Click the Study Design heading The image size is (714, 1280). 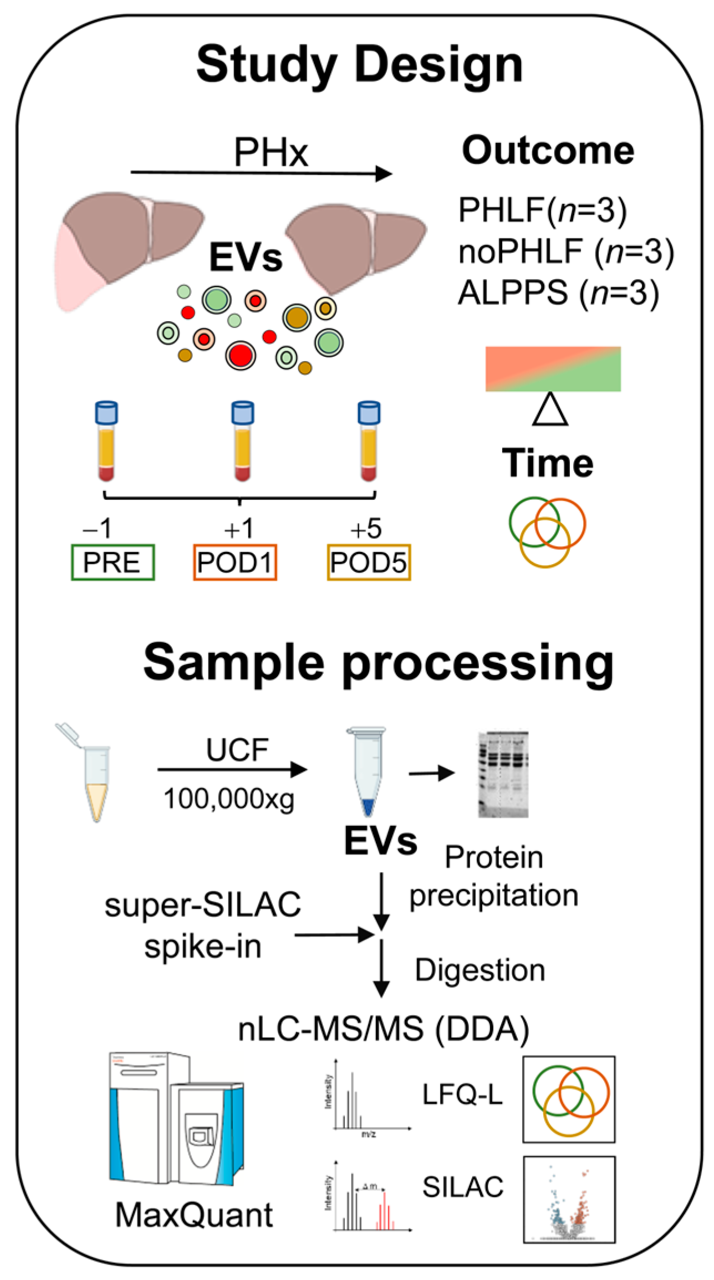click(x=359, y=65)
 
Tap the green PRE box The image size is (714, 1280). click(x=113, y=563)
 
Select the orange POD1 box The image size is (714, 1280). click(x=234, y=563)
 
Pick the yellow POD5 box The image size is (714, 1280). click(x=369, y=563)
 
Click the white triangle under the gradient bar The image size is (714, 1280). click(x=550, y=411)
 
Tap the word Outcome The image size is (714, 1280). click(x=548, y=150)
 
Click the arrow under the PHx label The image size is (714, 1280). click(x=261, y=173)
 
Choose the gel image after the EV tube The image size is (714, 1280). click(x=503, y=774)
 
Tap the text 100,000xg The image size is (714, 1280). click(x=229, y=799)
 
